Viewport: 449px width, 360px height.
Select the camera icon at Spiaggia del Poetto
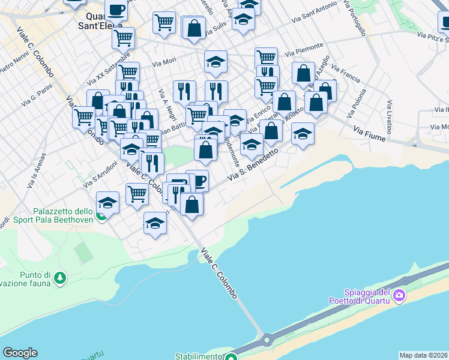pyautogui.click(x=400, y=295)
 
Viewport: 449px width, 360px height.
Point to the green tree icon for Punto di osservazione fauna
pyautogui.click(x=59, y=278)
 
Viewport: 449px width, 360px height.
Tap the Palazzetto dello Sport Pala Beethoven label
pyautogui.click(x=63, y=215)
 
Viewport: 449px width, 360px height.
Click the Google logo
pyautogui.click(x=20, y=353)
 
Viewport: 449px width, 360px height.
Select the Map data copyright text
pyautogui.click(x=424, y=355)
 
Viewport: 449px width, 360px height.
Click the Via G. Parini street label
pyautogui.click(x=37, y=96)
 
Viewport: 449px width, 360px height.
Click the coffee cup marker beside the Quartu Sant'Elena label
pyautogui.click(x=116, y=10)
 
